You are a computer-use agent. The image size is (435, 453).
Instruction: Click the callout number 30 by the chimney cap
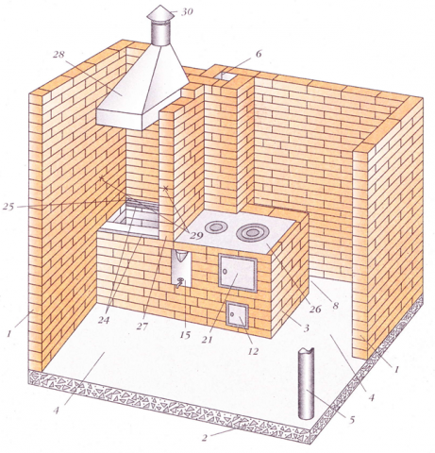click(187, 12)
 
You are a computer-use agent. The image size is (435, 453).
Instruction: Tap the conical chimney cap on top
click(160, 12)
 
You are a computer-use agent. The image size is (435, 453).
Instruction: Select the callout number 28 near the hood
click(59, 55)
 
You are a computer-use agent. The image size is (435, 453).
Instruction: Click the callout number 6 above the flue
click(259, 54)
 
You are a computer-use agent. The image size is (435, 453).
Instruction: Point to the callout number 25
click(8, 207)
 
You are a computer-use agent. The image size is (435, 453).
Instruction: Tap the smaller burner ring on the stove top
click(216, 226)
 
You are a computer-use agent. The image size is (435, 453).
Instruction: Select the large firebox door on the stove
click(238, 273)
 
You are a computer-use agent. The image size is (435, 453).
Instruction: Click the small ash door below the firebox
click(238, 314)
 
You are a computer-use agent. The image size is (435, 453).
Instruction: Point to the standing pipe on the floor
click(306, 383)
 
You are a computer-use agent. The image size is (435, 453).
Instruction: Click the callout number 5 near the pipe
click(351, 419)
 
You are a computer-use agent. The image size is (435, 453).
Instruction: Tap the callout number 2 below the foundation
click(205, 438)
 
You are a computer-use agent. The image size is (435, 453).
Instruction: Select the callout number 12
click(253, 351)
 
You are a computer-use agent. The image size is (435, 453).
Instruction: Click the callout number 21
click(208, 340)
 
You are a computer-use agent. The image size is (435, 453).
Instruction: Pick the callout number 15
click(185, 336)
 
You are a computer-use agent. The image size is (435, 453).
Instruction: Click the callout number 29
click(196, 236)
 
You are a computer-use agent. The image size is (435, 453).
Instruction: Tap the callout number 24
click(104, 320)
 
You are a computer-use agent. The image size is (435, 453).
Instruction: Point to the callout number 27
click(142, 326)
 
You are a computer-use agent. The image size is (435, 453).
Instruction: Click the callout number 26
click(315, 310)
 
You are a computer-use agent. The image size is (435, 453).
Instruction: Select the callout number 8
click(336, 305)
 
